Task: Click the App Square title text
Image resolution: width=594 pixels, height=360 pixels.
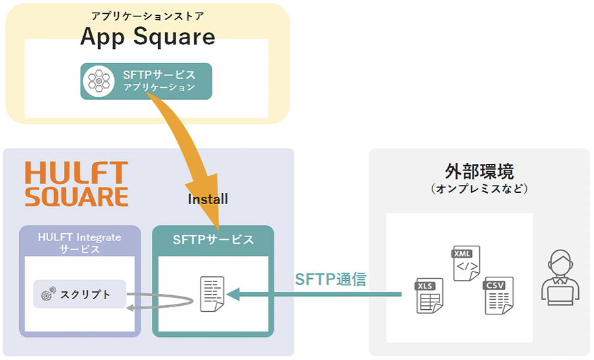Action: [x=148, y=37]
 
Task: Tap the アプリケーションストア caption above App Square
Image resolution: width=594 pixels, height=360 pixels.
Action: [x=147, y=15]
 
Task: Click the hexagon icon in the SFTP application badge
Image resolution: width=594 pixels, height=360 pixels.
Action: [x=99, y=81]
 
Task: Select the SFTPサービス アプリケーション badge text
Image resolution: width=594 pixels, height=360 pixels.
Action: [x=159, y=81]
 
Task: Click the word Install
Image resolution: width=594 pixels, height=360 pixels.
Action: [x=208, y=199]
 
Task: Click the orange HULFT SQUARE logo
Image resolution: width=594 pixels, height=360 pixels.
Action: [x=77, y=184]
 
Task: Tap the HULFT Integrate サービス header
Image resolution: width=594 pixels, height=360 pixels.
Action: [x=79, y=242]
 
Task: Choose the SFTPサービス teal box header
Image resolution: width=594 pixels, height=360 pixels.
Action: [x=213, y=240]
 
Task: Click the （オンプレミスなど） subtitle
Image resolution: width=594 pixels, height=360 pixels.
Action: [x=480, y=189]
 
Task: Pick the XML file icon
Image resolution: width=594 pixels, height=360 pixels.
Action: [x=465, y=263]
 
